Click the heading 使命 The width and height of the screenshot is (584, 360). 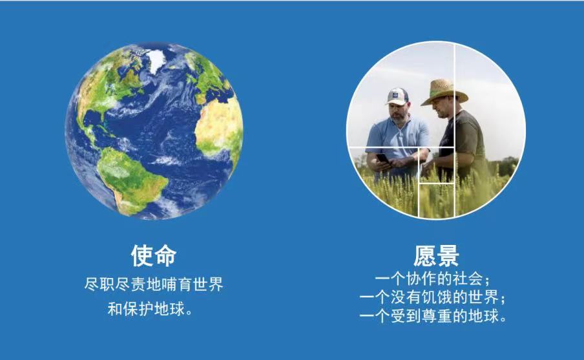tap(154, 256)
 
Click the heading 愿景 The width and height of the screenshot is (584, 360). tap(436, 256)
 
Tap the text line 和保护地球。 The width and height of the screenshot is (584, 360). tap(150, 309)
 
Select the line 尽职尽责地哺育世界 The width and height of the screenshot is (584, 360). tap(154, 284)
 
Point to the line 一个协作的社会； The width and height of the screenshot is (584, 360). tap(432, 279)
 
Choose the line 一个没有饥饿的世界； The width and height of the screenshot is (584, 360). tap(432, 297)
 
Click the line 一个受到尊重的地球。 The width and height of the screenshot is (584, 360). tap(432, 316)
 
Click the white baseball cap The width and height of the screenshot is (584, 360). tap(397, 96)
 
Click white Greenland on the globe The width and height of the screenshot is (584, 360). tap(156, 59)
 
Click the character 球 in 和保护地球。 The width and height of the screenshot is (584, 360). tap(177, 309)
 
